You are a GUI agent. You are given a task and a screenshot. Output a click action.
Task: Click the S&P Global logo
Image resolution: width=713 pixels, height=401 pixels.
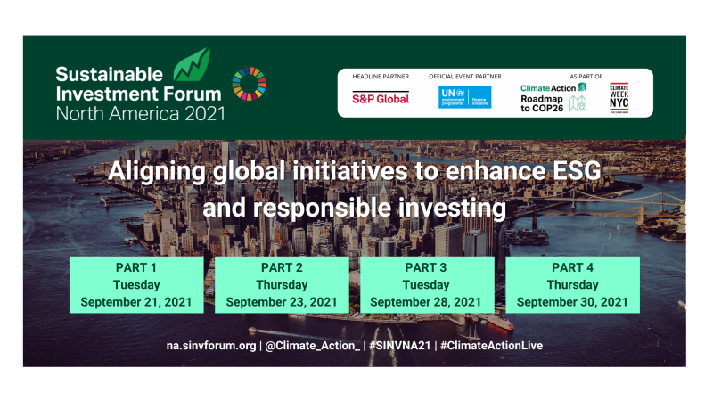[x=380, y=98]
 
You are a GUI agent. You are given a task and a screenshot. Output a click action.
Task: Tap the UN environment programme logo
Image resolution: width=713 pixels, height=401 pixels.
[x=464, y=97]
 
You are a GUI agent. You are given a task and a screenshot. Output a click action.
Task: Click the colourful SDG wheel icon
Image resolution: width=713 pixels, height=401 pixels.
[x=249, y=84]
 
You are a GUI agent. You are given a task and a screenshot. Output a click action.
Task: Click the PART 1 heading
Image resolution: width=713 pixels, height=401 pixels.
[x=136, y=268]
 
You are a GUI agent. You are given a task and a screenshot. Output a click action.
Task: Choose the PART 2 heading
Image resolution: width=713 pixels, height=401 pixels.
[x=282, y=268]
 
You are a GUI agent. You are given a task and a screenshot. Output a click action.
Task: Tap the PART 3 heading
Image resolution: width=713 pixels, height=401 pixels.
[x=427, y=268]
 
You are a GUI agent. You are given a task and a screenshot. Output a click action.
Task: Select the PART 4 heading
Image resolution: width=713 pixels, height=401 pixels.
[x=572, y=268]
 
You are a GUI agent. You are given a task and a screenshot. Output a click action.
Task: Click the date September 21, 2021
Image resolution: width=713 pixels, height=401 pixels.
[x=136, y=302]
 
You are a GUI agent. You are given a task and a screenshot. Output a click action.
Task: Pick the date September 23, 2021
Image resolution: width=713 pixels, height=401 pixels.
[x=282, y=302]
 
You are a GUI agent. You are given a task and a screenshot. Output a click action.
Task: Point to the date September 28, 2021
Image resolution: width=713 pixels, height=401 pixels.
[x=427, y=302]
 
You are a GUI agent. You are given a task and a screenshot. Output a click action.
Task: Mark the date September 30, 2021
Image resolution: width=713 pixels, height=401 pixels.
[x=572, y=302]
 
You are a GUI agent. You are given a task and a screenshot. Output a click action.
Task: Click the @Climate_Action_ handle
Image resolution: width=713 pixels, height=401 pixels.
[x=314, y=345]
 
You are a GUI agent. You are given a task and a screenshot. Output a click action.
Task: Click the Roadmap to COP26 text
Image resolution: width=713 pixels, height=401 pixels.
[x=543, y=102]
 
